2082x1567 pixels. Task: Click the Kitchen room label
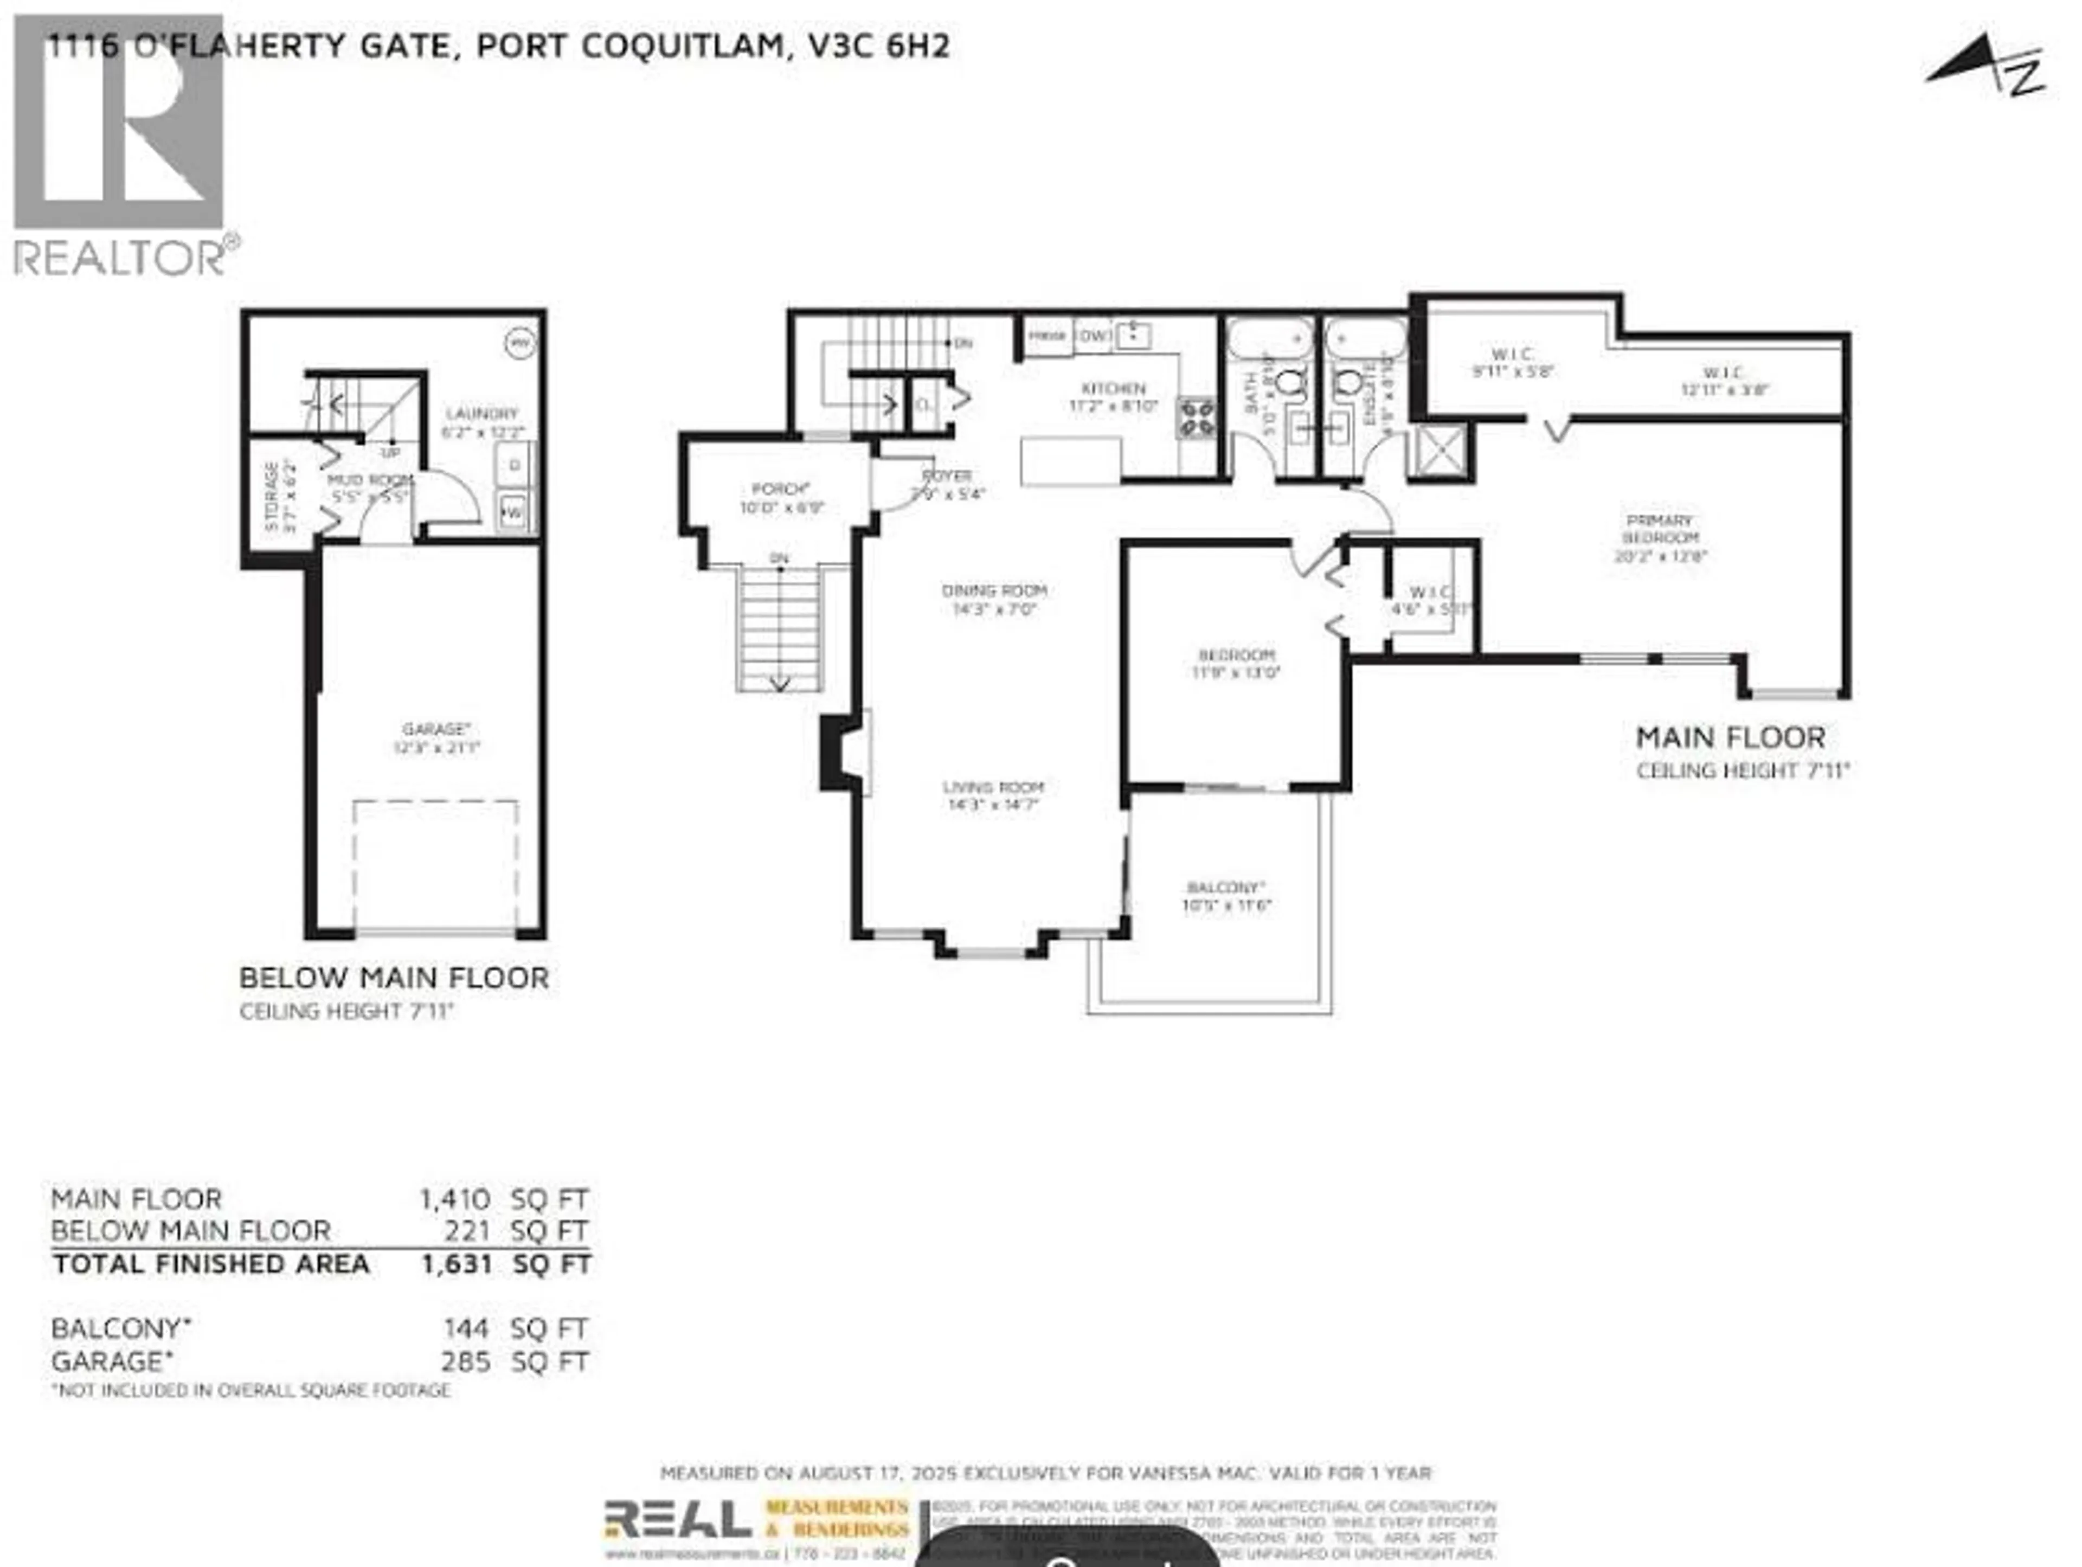click(1114, 389)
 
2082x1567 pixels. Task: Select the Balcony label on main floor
click(1225, 888)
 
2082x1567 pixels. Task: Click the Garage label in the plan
click(436, 729)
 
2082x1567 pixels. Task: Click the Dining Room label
click(994, 591)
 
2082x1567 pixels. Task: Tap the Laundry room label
click(482, 414)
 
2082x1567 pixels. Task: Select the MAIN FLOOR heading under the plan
click(1730, 738)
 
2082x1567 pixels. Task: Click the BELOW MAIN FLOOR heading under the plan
click(394, 978)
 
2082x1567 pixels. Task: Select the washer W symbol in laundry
click(513, 513)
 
